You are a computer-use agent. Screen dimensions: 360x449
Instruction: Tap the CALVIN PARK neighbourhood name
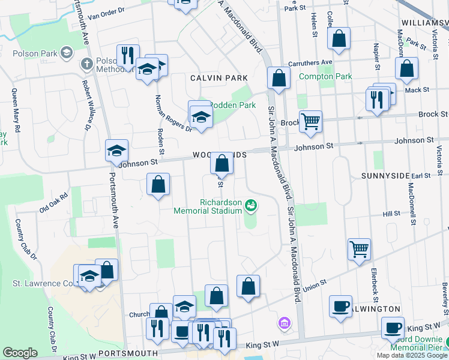tap(214, 78)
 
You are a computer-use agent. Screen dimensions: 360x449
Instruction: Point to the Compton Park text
tap(325, 76)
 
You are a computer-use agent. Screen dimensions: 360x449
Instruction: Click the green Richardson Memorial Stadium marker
tap(252, 206)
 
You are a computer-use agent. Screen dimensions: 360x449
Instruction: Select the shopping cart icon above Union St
tap(359, 248)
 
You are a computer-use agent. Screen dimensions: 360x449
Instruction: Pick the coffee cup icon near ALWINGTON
tap(340, 307)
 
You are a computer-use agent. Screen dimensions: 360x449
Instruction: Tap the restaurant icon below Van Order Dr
tap(128, 56)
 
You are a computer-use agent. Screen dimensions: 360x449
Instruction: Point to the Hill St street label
tap(391, 214)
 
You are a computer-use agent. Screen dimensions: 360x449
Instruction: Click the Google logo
tap(20, 353)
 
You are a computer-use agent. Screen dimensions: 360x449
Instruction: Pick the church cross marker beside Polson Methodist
tap(86, 62)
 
